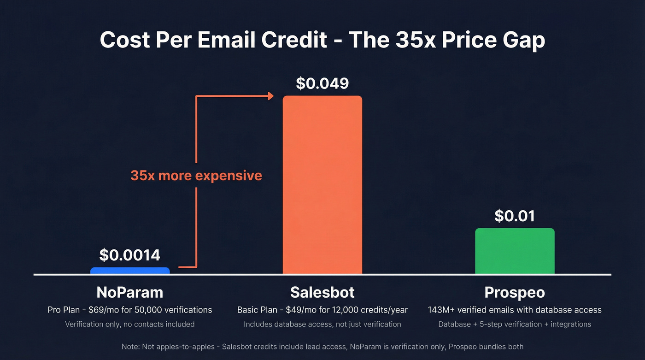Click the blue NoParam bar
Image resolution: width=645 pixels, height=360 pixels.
(130, 271)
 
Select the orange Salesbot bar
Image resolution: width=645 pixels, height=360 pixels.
(322, 184)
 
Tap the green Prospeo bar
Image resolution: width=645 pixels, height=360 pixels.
(515, 251)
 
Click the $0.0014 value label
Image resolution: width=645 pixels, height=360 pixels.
(130, 255)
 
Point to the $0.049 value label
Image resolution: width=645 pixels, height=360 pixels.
(322, 83)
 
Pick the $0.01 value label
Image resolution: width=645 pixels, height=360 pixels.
(515, 216)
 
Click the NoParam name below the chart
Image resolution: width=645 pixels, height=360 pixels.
(130, 292)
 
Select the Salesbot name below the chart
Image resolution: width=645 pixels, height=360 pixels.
(322, 292)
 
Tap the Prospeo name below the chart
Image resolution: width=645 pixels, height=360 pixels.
(515, 292)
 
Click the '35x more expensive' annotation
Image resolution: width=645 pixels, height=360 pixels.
(196, 176)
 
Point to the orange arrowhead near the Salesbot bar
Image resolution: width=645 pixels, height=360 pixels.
(270, 96)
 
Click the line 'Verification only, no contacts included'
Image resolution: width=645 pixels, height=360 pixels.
(130, 324)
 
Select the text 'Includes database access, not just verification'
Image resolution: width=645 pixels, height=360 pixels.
(322, 324)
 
